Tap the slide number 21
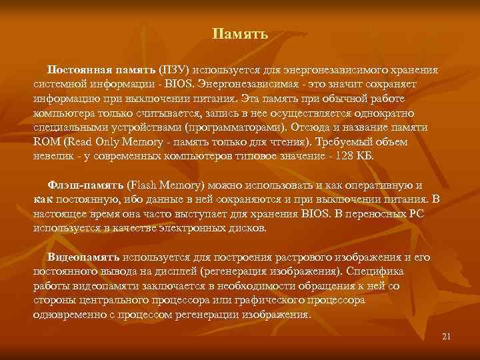coord(447,336)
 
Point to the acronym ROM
coord(46,141)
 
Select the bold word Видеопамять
coord(83,257)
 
